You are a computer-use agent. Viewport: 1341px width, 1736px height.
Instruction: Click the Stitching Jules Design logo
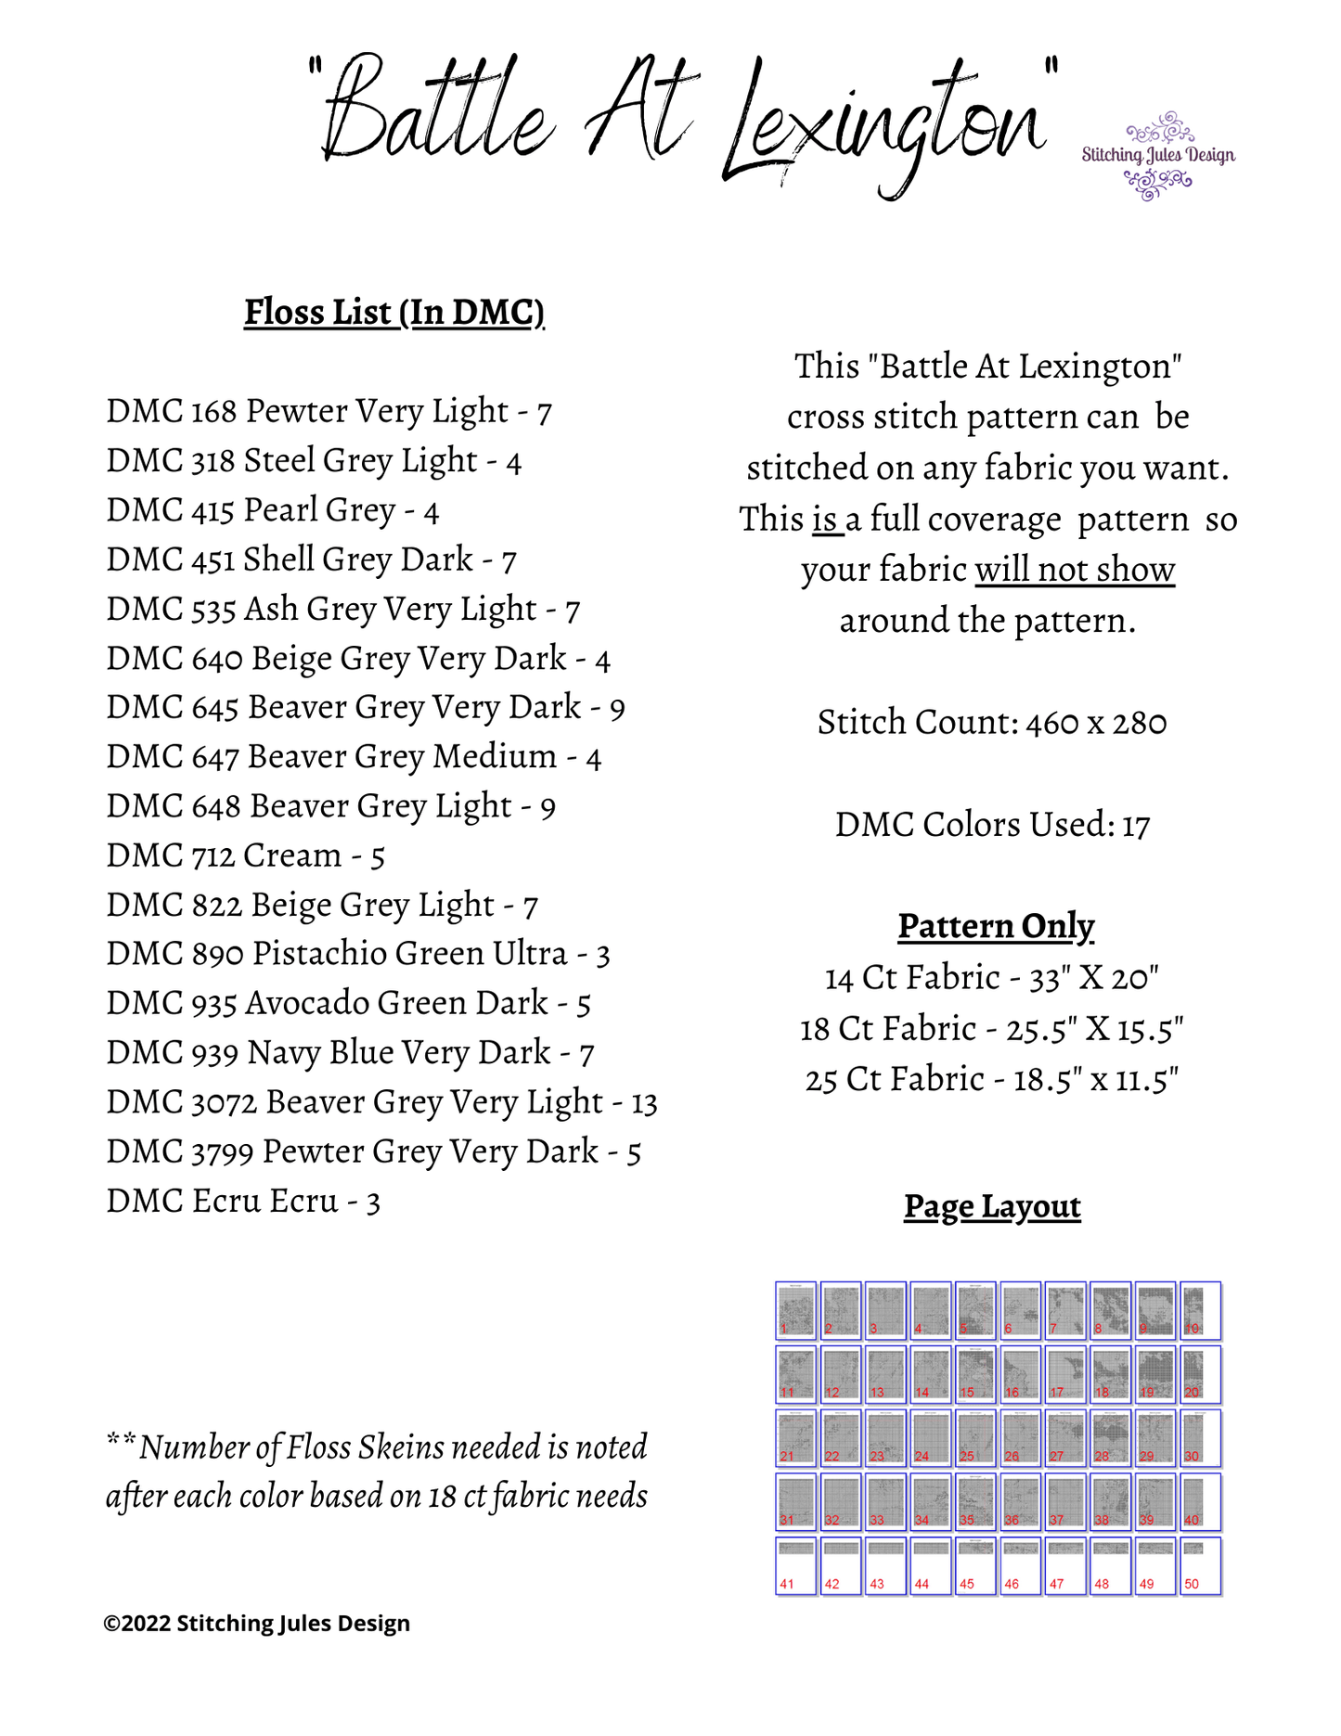coord(1157,156)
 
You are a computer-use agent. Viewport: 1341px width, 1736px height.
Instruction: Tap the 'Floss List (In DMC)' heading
coord(393,313)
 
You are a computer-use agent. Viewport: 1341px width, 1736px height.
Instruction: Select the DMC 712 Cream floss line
coord(245,855)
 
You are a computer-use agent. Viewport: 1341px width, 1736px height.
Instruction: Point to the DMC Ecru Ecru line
coord(243,1202)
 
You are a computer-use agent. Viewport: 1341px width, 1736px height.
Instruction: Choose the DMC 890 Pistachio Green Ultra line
coord(357,954)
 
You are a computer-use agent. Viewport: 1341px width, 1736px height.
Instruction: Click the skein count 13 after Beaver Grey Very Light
coord(644,1103)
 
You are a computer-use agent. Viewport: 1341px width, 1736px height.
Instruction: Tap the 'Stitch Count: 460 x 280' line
coord(991,723)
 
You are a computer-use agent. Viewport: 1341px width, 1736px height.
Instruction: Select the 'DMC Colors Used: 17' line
coord(991,825)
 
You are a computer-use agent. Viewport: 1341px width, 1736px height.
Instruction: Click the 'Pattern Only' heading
coord(995,926)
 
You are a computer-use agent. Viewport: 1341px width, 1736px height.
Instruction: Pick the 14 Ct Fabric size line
coord(991,977)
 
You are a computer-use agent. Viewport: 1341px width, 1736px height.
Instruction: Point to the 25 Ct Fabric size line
coord(991,1080)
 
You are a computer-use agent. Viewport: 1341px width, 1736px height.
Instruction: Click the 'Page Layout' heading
coord(991,1206)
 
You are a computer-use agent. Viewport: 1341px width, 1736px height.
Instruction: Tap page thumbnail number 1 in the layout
coord(796,1310)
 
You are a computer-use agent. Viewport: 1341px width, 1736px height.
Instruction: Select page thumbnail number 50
coord(1200,1566)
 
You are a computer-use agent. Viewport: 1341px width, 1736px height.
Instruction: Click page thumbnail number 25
coord(975,1438)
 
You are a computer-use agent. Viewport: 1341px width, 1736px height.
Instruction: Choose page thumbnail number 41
coord(796,1566)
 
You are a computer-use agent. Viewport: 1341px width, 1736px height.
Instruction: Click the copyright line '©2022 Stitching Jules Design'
coord(256,1623)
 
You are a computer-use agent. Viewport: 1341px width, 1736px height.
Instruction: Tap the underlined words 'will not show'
coord(1074,570)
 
